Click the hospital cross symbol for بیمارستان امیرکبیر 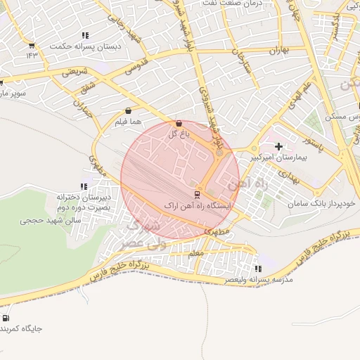pyautogui.click(x=279, y=147)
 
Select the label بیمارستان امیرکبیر pyautogui.click(x=278, y=158)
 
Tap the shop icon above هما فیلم pyautogui.click(x=128, y=110)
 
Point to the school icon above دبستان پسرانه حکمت pyautogui.click(x=85, y=35)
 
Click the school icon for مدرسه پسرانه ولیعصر pyautogui.click(x=258, y=269)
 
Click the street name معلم pyautogui.click(x=198, y=252)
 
